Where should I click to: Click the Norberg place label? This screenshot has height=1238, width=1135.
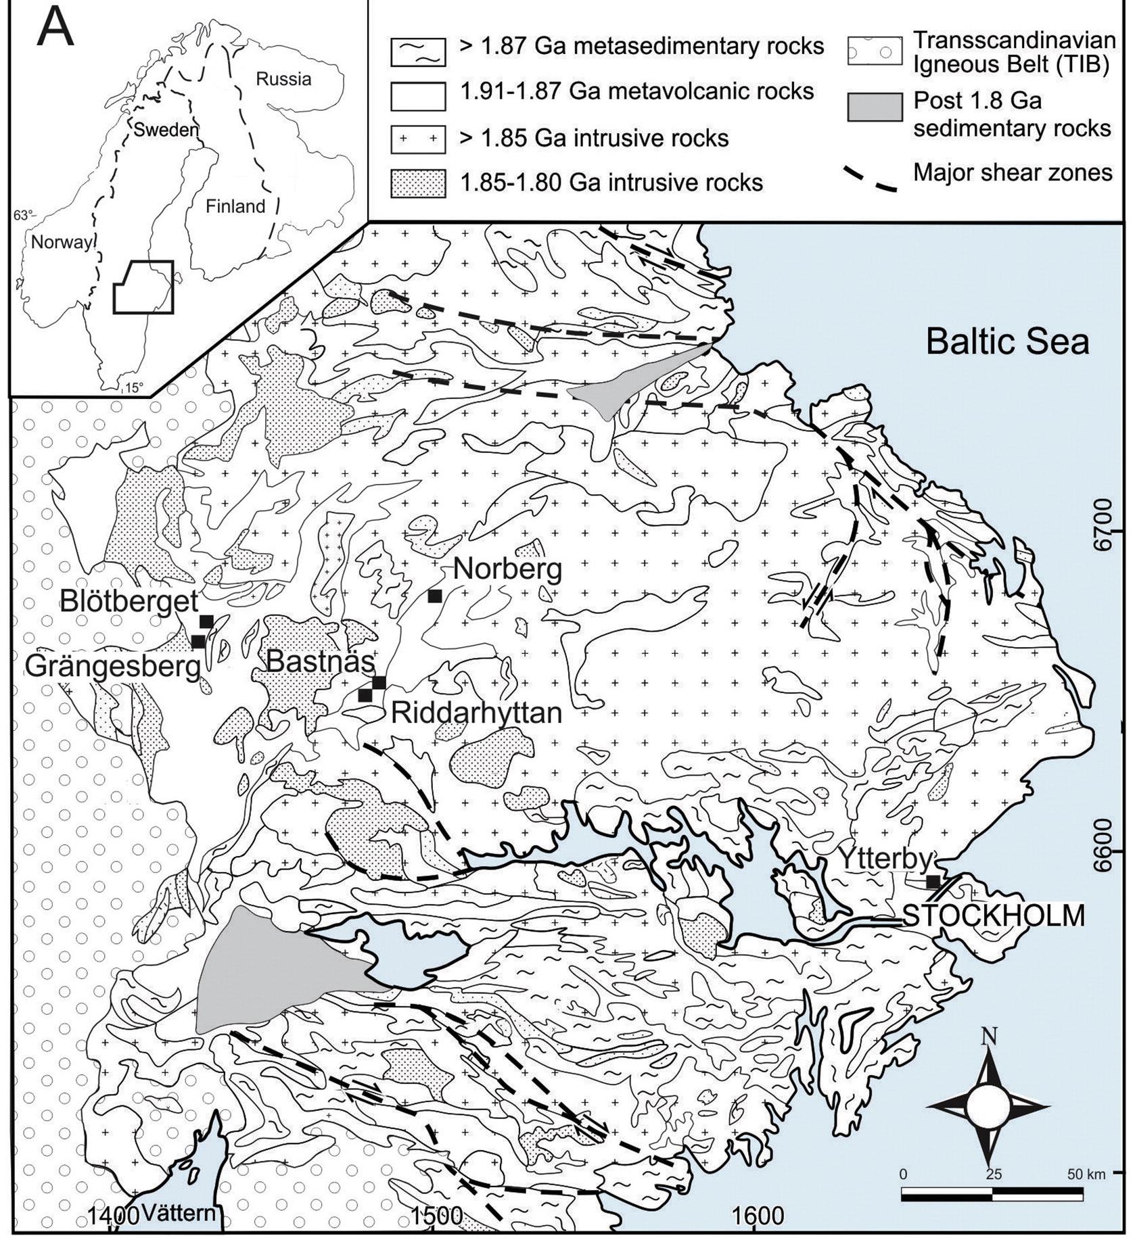click(x=507, y=569)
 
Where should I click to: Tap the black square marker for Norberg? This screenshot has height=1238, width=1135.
click(x=435, y=596)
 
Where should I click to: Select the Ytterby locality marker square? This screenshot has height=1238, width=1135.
click(x=933, y=881)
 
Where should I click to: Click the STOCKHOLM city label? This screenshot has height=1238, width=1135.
click(x=994, y=915)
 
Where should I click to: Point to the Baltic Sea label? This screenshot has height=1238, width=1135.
click(x=1007, y=341)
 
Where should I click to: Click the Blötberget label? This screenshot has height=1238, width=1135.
click(x=129, y=600)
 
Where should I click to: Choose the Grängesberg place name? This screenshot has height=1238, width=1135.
click(x=113, y=667)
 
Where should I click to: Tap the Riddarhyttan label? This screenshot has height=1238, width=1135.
click(x=476, y=713)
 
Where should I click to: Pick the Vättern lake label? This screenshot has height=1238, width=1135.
click(x=179, y=1212)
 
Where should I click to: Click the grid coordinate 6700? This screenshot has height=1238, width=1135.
click(x=1105, y=535)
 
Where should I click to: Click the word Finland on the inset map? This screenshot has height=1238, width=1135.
click(x=235, y=206)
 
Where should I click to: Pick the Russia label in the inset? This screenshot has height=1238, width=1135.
click(x=283, y=79)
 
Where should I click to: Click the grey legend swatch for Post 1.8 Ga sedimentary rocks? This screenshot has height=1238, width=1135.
click(x=874, y=108)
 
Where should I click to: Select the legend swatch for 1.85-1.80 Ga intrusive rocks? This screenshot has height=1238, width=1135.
click(x=417, y=183)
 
